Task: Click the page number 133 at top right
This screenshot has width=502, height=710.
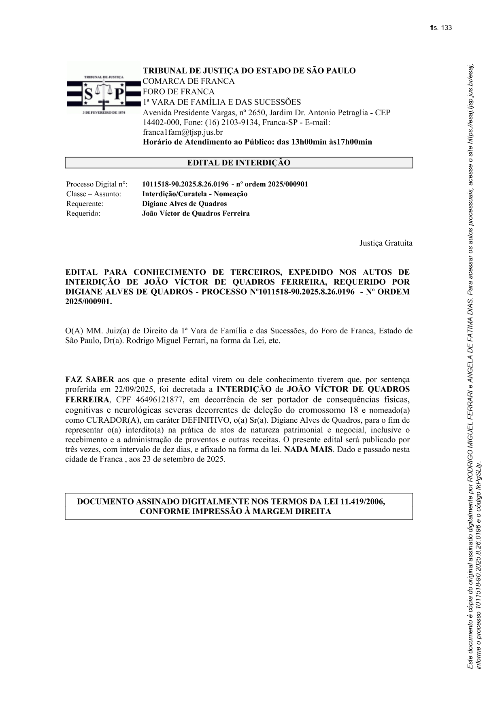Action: click(x=447, y=28)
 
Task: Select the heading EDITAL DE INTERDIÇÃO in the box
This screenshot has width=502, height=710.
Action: click(x=238, y=163)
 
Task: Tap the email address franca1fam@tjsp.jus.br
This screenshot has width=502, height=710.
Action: click(x=183, y=132)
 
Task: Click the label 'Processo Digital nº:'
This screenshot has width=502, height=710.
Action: click(x=97, y=184)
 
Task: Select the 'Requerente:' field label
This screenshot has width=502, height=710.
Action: click(x=85, y=204)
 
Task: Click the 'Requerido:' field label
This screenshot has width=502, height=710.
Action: click(x=83, y=214)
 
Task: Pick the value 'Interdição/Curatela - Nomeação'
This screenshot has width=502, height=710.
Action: click(x=194, y=194)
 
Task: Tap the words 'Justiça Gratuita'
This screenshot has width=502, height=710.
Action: click(x=385, y=243)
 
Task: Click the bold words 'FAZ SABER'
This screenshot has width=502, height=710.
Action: click(x=89, y=380)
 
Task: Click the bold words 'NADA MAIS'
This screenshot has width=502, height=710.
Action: click(x=308, y=449)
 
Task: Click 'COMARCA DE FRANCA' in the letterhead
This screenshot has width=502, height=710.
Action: click(x=189, y=81)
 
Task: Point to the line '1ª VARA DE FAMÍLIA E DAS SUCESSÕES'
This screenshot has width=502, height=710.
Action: click(x=221, y=102)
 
